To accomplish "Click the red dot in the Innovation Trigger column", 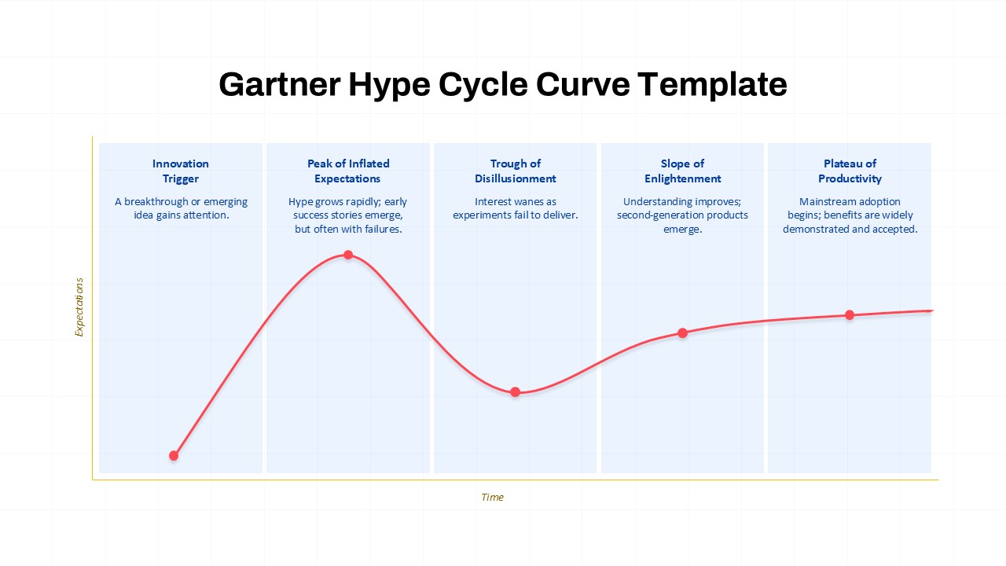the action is click(174, 456).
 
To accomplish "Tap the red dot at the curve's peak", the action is click(348, 255).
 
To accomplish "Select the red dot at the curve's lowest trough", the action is click(515, 392).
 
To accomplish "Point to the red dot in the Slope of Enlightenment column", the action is click(683, 333).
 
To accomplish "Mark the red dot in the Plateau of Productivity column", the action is click(850, 315).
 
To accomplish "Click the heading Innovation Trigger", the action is click(181, 171).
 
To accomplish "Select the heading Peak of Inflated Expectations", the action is click(348, 171).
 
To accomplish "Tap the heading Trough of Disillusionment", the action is click(515, 171).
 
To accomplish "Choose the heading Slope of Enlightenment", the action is click(683, 171).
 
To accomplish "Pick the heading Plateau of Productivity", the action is click(850, 171).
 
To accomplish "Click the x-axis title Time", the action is click(492, 498).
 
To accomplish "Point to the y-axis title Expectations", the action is click(79, 307).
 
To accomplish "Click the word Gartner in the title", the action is click(279, 84).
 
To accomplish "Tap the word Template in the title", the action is click(712, 84).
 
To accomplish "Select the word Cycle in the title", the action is click(483, 84).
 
